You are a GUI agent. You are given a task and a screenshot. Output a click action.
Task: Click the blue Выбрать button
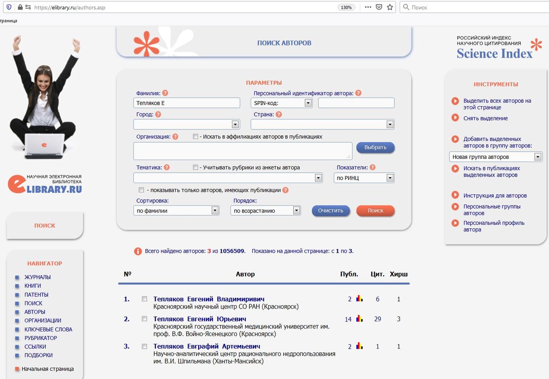click(375, 147)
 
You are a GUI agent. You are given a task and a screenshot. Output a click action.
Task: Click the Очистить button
click(331, 211)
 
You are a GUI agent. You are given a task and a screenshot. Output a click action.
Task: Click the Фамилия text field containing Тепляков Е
click(187, 103)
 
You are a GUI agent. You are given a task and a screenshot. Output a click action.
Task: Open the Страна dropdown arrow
click(390, 125)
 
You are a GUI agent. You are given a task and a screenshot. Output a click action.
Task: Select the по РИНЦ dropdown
click(364, 178)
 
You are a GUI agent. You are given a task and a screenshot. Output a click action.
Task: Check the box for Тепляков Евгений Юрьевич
click(145, 319)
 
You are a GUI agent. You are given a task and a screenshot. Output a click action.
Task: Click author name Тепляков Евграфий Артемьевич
click(206, 347)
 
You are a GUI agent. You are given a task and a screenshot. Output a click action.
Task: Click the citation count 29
click(377, 319)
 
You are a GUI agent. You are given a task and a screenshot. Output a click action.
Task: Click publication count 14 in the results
click(348, 319)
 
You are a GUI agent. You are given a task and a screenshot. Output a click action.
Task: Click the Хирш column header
click(398, 274)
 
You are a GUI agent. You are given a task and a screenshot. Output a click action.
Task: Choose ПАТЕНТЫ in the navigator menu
click(36, 295)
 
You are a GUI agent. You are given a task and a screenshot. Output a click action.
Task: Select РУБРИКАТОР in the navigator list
click(41, 338)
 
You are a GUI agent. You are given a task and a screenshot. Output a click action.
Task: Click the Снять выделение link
click(485, 118)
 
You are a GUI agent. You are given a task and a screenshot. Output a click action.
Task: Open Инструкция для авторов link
click(495, 195)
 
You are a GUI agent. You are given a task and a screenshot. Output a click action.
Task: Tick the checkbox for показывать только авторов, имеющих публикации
click(141, 190)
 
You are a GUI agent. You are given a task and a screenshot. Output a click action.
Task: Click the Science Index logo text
click(495, 54)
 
